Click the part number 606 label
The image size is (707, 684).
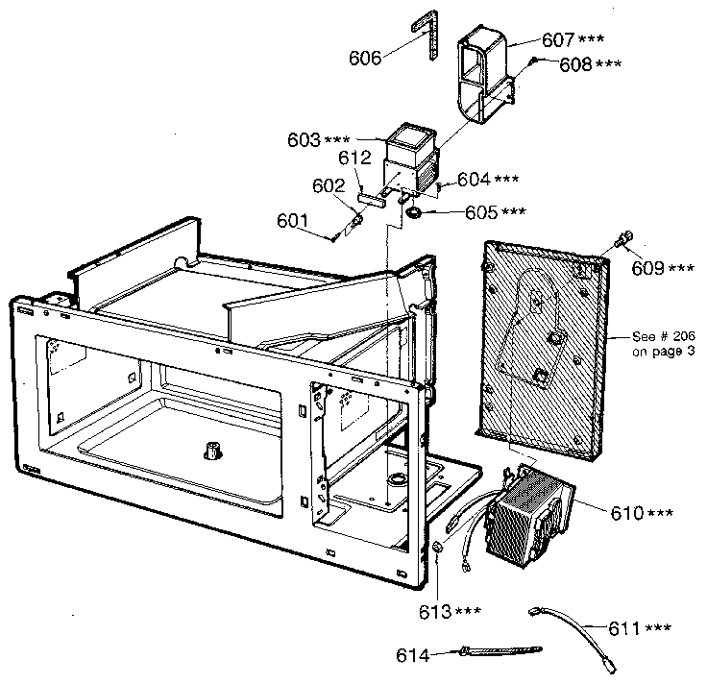[x=365, y=58]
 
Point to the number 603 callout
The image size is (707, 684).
[x=303, y=140]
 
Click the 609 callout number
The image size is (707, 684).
[x=648, y=268]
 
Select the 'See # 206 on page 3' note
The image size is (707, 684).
[x=663, y=344]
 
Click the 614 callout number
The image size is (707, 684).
[x=414, y=655]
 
